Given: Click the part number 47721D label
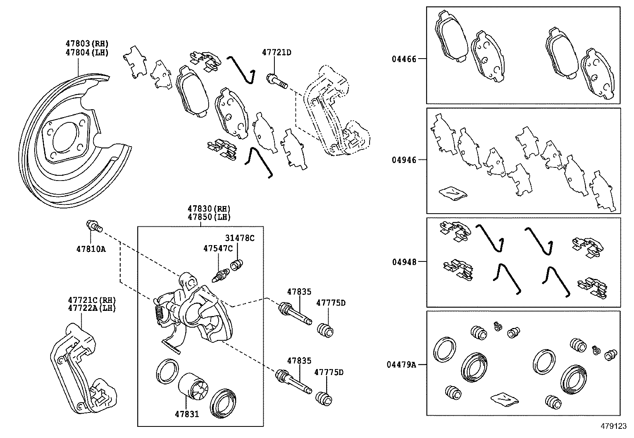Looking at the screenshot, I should pyautogui.click(x=276, y=52).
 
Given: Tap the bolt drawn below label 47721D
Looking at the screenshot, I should pyautogui.click(x=277, y=81).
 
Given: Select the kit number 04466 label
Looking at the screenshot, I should pyautogui.click(x=403, y=59).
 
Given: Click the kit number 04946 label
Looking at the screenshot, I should pyautogui.click(x=403, y=160).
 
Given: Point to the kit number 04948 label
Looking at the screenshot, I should pyautogui.click(x=403, y=262).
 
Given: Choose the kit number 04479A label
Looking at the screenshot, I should pyautogui.click(x=401, y=364).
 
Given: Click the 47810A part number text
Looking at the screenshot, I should pyautogui.click(x=91, y=249).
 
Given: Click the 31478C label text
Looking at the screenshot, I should pyautogui.click(x=240, y=238).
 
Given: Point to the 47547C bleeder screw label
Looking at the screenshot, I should pyautogui.click(x=218, y=248).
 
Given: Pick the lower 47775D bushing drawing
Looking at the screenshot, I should pyautogui.click(x=324, y=398).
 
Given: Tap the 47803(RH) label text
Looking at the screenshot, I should pyautogui.click(x=87, y=44).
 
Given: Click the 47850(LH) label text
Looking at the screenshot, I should pyautogui.click(x=209, y=217).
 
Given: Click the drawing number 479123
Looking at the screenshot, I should pyautogui.click(x=613, y=426).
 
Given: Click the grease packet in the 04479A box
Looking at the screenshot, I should pyautogui.click(x=504, y=399).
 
